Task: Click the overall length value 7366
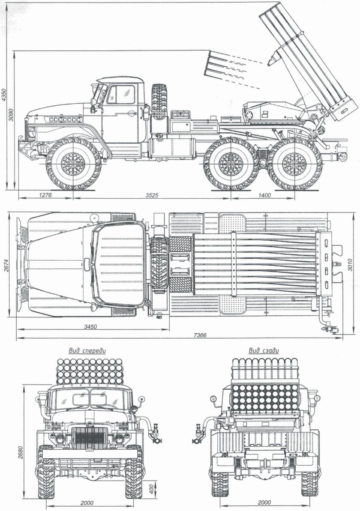200,335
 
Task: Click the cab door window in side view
121,94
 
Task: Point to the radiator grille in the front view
90,437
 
